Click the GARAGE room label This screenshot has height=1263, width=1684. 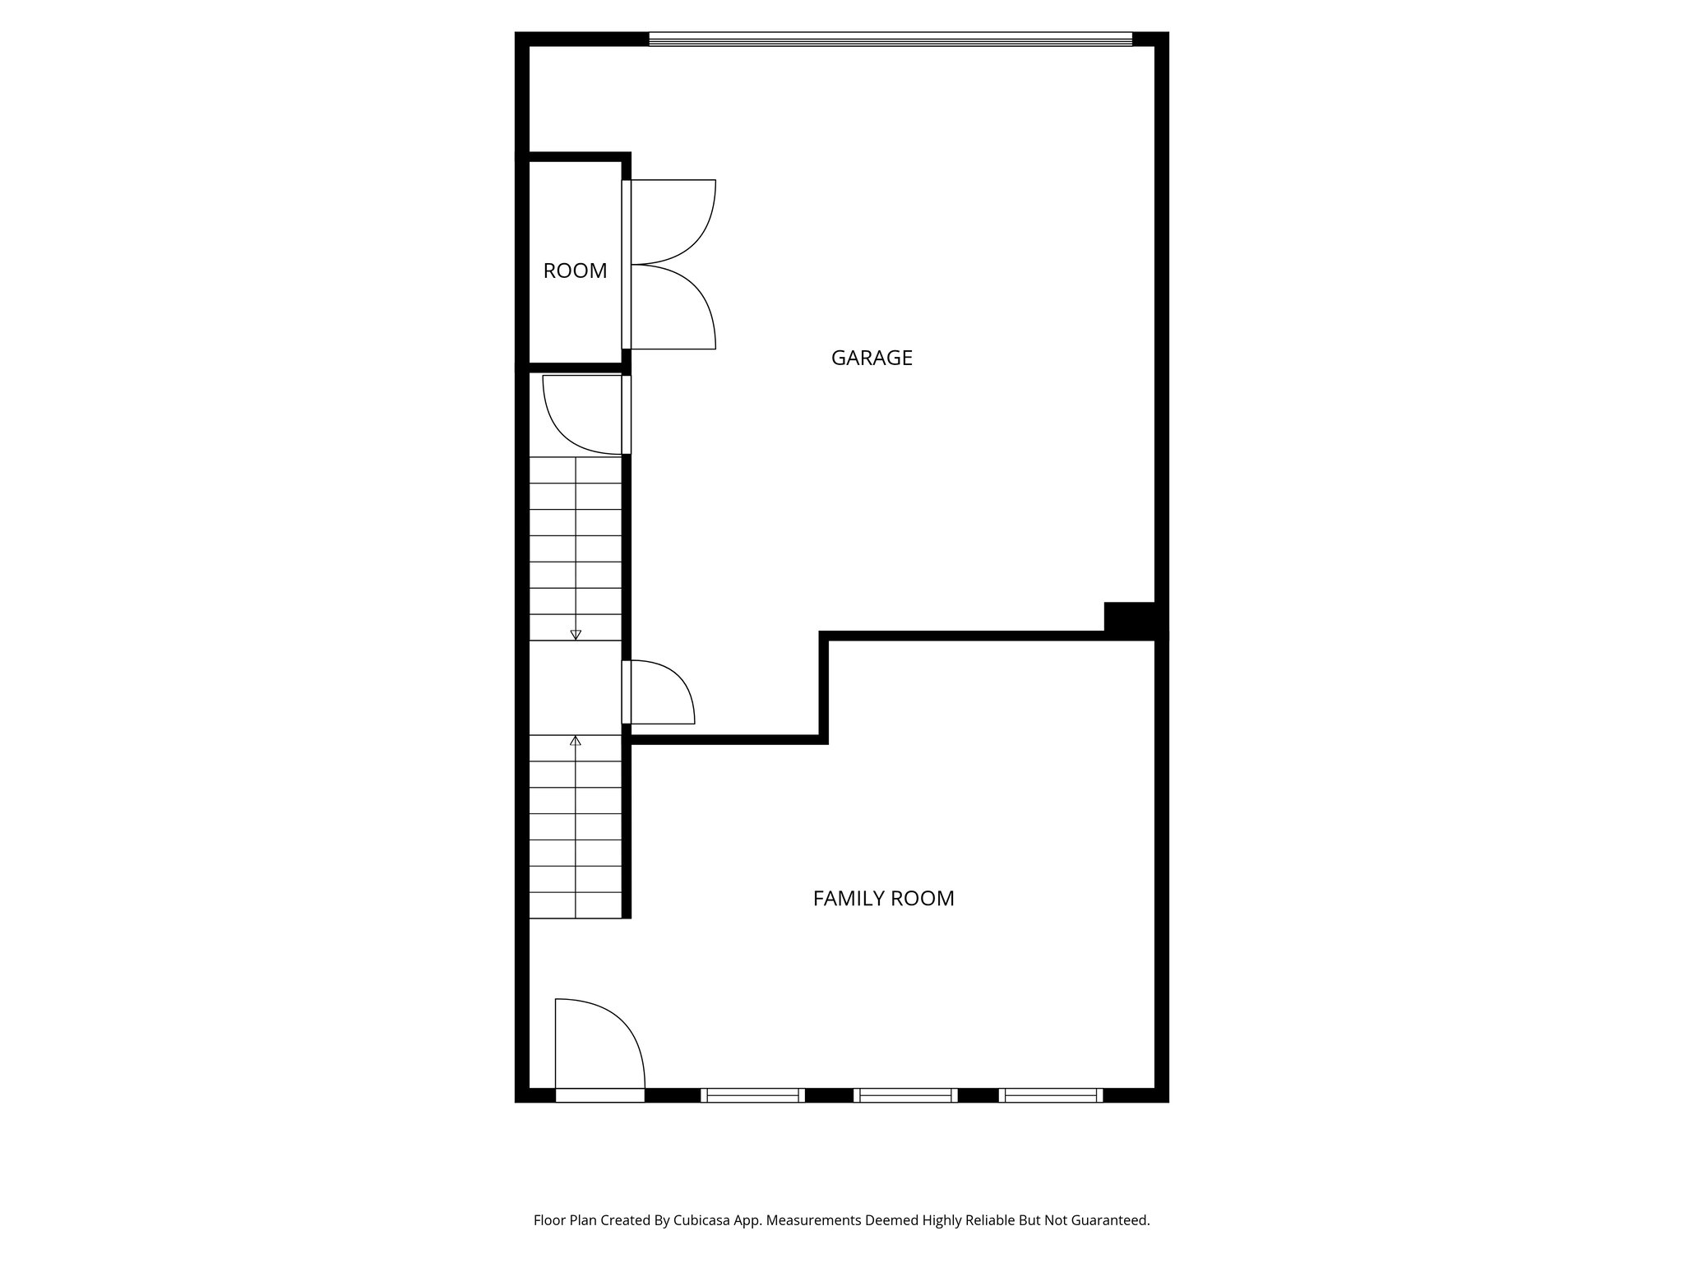pyautogui.click(x=872, y=358)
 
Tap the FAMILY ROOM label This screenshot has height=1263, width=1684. pyautogui.click(x=883, y=899)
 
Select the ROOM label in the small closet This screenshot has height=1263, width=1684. pyautogui.click(x=575, y=271)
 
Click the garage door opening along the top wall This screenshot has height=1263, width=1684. pyautogui.click(x=890, y=39)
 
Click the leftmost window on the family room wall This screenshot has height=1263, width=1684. pyautogui.click(x=752, y=1094)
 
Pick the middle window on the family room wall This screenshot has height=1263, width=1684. pyautogui.click(x=905, y=1094)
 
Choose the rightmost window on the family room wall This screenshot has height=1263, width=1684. pyautogui.click(x=1051, y=1094)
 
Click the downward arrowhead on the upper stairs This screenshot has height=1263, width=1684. pyautogui.click(x=576, y=634)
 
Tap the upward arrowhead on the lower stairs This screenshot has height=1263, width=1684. pyautogui.click(x=576, y=741)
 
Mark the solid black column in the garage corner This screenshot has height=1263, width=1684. pyautogui.click(x=1130, y=617)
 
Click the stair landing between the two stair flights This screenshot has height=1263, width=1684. pyautogui.click(x=575, y=687)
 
